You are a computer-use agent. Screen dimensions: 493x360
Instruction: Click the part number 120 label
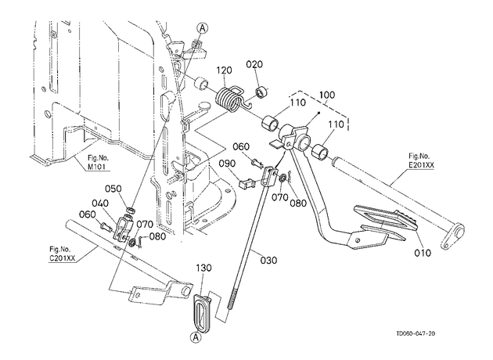pos(224,70)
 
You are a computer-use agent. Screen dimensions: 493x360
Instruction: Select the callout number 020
pos(254,64)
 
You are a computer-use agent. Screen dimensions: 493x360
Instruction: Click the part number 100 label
pos(327,95)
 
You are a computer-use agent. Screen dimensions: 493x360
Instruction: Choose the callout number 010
pos(423,253)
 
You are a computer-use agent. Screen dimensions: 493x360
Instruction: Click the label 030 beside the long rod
pos(269,260)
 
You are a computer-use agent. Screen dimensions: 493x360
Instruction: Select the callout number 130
pos(203,268)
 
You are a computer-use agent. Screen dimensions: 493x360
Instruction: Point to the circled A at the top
pos(203,28)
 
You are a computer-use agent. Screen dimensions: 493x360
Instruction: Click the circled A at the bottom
pos(196,337)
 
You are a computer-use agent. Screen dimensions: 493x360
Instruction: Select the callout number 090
pos(227,164)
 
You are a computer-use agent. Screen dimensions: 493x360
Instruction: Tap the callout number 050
pos(113,189)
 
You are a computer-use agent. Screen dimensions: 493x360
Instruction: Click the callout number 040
pos(100,203)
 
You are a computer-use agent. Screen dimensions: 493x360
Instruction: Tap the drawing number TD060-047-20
pos(416,333)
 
